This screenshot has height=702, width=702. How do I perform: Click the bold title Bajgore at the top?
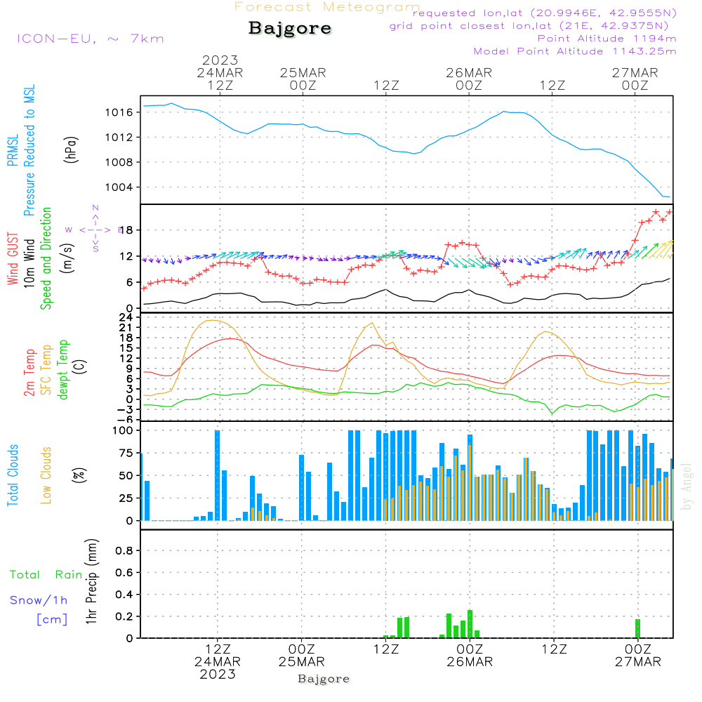click(290, 29)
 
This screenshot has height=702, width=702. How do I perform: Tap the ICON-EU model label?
click(90, 39)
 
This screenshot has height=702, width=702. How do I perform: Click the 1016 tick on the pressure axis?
click(119, 112)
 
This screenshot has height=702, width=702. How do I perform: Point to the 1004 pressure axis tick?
click(119, 187)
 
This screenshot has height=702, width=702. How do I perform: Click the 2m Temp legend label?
click(29, 372)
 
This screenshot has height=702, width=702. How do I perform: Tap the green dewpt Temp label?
click(63, 371)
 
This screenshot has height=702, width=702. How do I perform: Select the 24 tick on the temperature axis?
click(126, 317)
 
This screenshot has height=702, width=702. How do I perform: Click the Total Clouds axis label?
click(13, 475)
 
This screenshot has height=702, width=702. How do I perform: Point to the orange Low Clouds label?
click(46, 475)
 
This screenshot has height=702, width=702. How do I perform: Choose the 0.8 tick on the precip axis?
click(125, 551)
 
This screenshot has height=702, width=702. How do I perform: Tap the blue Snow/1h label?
click(39, 600)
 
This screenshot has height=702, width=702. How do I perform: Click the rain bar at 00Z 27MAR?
click(637, 628)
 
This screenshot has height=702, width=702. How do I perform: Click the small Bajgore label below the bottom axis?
click(324, 679)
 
